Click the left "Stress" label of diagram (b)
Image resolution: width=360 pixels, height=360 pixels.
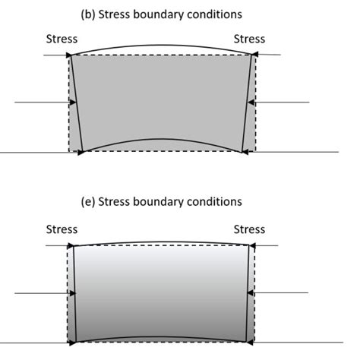(x=62, y=39)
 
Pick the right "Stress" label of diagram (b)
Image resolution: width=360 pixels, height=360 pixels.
(x=249, y=39)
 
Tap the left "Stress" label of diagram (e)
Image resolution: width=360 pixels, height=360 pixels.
(x=62, y=229)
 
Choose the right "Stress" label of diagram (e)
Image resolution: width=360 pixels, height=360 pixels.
(x=249, y=229)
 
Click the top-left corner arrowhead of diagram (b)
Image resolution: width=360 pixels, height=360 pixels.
(x=69, y=55)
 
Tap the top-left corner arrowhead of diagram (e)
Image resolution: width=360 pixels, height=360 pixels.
(x=71, y=245)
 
